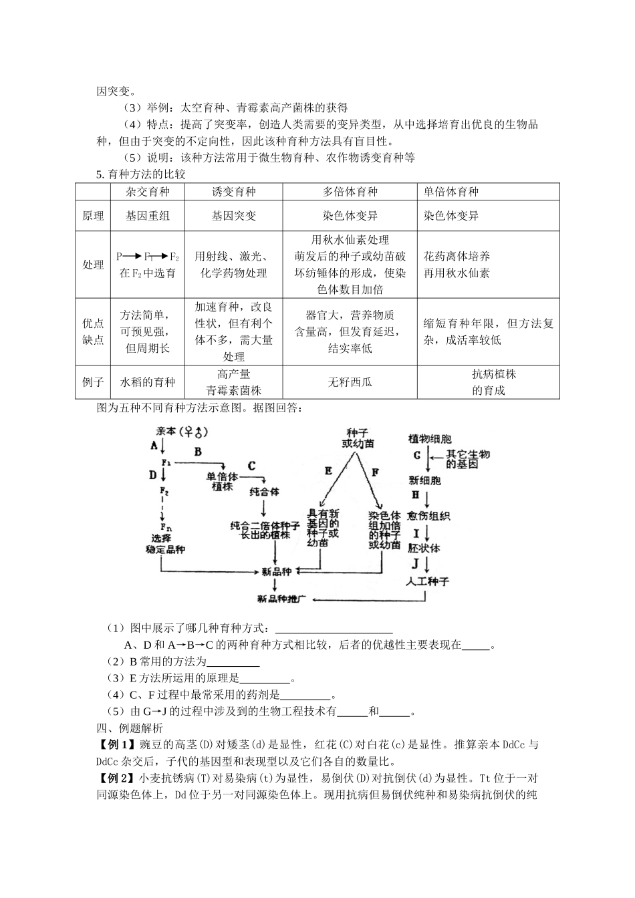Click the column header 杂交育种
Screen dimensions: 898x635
pyautogui.click(x=148, y=192)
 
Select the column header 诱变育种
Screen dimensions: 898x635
pyautogui.click(x=233, y=192)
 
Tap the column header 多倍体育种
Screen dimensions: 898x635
pyautogui.click(x=350, y=192)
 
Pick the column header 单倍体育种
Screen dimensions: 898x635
pyautogui.click(x=451, y=192)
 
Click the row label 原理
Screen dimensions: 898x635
pyautogui.click(x=93, y=216)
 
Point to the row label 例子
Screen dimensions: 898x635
pyautogui.click(x=93, y=382)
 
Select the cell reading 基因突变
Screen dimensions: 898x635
pyautogui.click(x=233, y=216)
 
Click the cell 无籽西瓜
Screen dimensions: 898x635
pyautogui.click(x=350, y=382)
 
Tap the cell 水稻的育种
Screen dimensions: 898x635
pyautogui.click(x=148, y=382)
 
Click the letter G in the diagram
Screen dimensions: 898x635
pyautogui.click(x=416, y=455)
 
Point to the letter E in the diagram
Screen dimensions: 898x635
pyautogui.click(x=328, y=470)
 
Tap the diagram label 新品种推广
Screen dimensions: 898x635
pyautogui.click(x=281, y=598)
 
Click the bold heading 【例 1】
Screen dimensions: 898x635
pyautogui.click(x=117, y=745)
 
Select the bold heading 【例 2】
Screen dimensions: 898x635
pyautogui.click(x=117, y=778)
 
